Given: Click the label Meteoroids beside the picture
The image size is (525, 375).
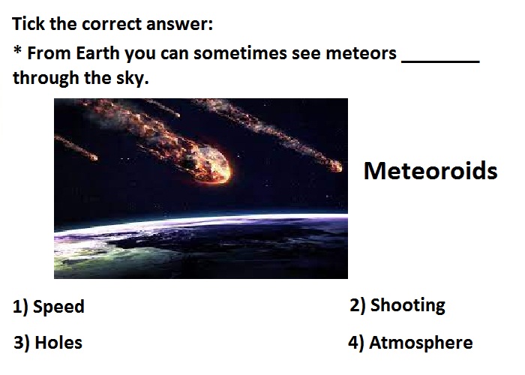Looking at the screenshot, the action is (x=430, y=171).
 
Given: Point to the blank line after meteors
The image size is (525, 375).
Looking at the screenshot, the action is (x=441, y=61).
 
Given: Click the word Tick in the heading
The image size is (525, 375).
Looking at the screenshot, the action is (x=28, y=24).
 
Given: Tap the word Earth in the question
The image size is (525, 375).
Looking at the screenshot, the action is (x=97, y=53).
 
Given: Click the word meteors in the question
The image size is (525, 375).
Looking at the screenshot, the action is (x=361, y=53).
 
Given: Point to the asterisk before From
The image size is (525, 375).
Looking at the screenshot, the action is (x=17, y=51).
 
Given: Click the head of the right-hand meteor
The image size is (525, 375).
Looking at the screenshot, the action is (x=334, y=166).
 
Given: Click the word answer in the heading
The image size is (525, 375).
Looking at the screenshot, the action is (x=179, y=25).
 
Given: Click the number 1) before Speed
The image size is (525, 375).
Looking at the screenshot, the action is (x=21, y=307).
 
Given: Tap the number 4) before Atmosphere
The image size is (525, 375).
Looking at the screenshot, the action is (x=356, y=343).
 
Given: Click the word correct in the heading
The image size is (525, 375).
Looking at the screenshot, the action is (x=112, y=25).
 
